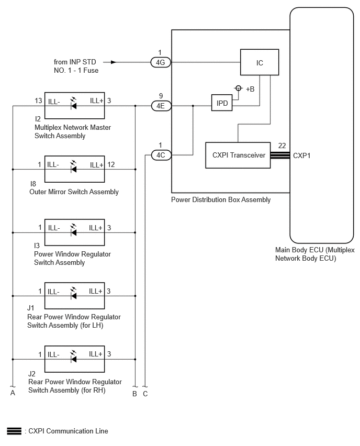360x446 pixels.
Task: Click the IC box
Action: pyautogui.click(x=260, y=62)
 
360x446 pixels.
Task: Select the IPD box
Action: pyautogui.click(x=222, y=103)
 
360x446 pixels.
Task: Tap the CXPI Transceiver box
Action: pyautogui.click(x=238, y=155)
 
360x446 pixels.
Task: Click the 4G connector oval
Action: pyautogui.click(x=161, y=62)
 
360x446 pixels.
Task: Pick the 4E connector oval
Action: pyautogui.click(x=161, y=106)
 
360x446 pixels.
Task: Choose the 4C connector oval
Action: pyautogui.click(x=161, y=155)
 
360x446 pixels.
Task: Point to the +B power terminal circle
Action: pyautogui.click(x=238, y=88)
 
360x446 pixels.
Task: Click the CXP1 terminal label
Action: pyautogui.click(x=302, y=155)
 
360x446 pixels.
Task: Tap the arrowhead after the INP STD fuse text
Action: pyautogui.click(x=114, y=62)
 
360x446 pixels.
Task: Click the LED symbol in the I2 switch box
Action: pyautogui.click(x=73, y=104)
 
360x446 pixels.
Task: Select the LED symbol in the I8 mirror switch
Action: pyautogui.click(x=73, y=168)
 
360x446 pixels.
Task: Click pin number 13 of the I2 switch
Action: pyautogui.click(x=38, y=101)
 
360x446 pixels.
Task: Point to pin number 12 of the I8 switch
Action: pyautogui.click(x=111, y=164)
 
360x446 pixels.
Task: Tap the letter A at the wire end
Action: pyautogui.click(x=13, y=393)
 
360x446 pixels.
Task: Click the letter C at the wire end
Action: pyautogui.click(x=145, y=394)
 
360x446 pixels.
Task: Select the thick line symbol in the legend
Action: pyautogui.click(x=14, y=431)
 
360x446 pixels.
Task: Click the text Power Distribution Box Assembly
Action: pyautogui.click(x=221, y=199)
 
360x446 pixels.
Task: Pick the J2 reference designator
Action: pyautogui.click(x=31, y=374)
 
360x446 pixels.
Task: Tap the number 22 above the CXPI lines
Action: pyautogui.click(x=282, y=146)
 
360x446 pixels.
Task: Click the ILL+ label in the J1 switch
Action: pyautogui.click(x=96, y=291)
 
